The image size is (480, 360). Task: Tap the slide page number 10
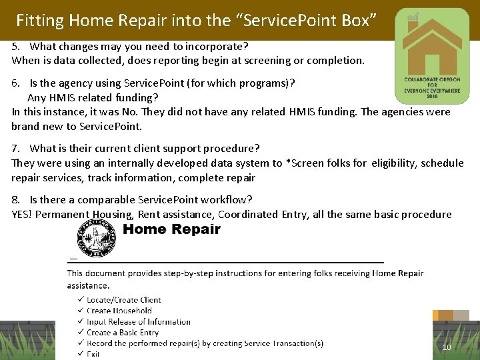(447, 347)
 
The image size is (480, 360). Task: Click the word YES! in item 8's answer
(22, 214)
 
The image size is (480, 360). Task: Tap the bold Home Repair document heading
(171, 230)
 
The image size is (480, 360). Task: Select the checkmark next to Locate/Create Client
(81, 300)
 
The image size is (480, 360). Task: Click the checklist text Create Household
(119, 311)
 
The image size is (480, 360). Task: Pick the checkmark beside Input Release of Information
(81, 322)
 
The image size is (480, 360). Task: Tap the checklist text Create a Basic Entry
(123, 333)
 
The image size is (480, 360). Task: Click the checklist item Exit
(93, 354)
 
